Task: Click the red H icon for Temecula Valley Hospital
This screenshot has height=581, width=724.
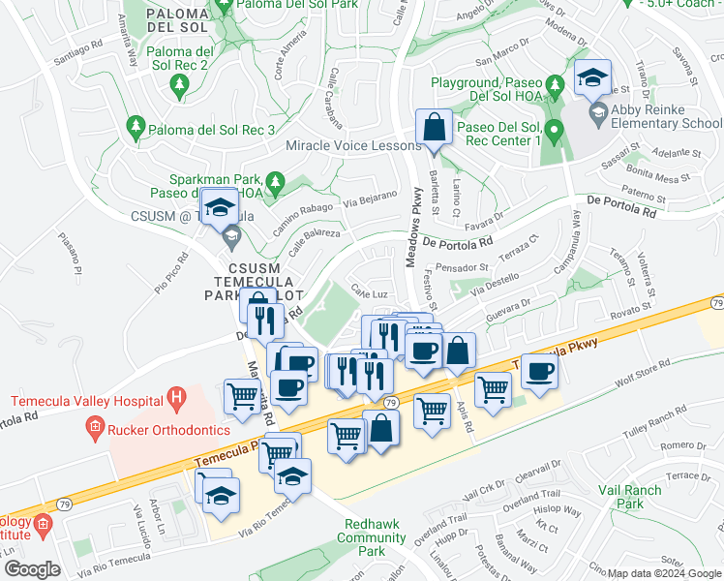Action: coord(175,396)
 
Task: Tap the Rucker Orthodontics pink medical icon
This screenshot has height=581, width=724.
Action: coord(94,426)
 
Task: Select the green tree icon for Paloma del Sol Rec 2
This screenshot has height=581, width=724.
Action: coord(178,88)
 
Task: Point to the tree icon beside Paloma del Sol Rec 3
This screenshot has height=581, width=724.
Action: coord(136,127)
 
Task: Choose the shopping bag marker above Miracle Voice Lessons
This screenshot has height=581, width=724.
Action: coord(434,128)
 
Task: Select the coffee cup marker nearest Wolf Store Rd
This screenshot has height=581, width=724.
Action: coord(540,372)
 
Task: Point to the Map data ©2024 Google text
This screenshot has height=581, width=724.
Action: coord(664,573)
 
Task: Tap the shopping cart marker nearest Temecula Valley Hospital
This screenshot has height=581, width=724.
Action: coord(242,394)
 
